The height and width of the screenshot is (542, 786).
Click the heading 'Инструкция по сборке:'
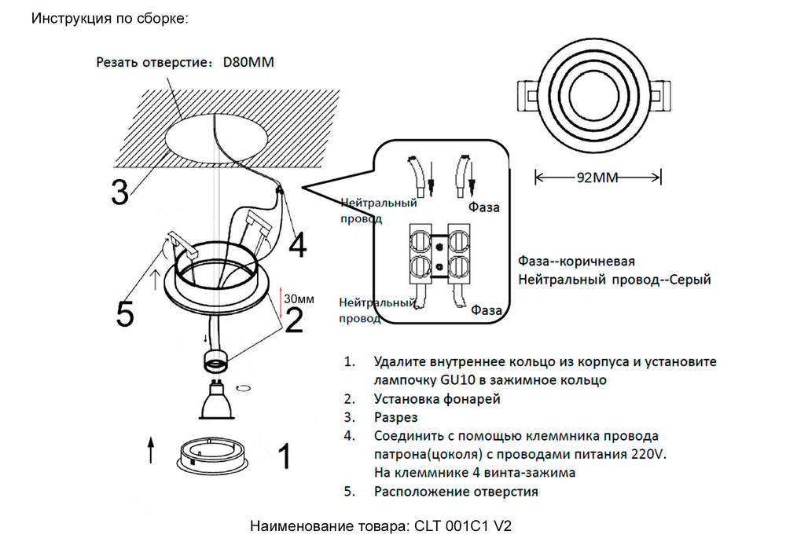click(x=110, y=17)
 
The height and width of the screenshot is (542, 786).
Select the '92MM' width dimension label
click(x=598, y=178)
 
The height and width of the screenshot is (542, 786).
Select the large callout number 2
click(x=294, y=320)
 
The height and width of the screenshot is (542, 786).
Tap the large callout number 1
click(x=285, y=456)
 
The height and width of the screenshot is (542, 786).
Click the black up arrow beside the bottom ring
click(x=151, y=452)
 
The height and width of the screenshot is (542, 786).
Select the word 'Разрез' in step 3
click(x=396, y=417)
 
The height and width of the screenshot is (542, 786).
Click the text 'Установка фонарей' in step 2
click(x=437, y=399)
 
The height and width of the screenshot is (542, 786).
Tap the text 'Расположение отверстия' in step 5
click(x=456, y=492)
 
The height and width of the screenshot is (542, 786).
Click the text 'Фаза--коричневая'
click(x=576, y=262)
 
